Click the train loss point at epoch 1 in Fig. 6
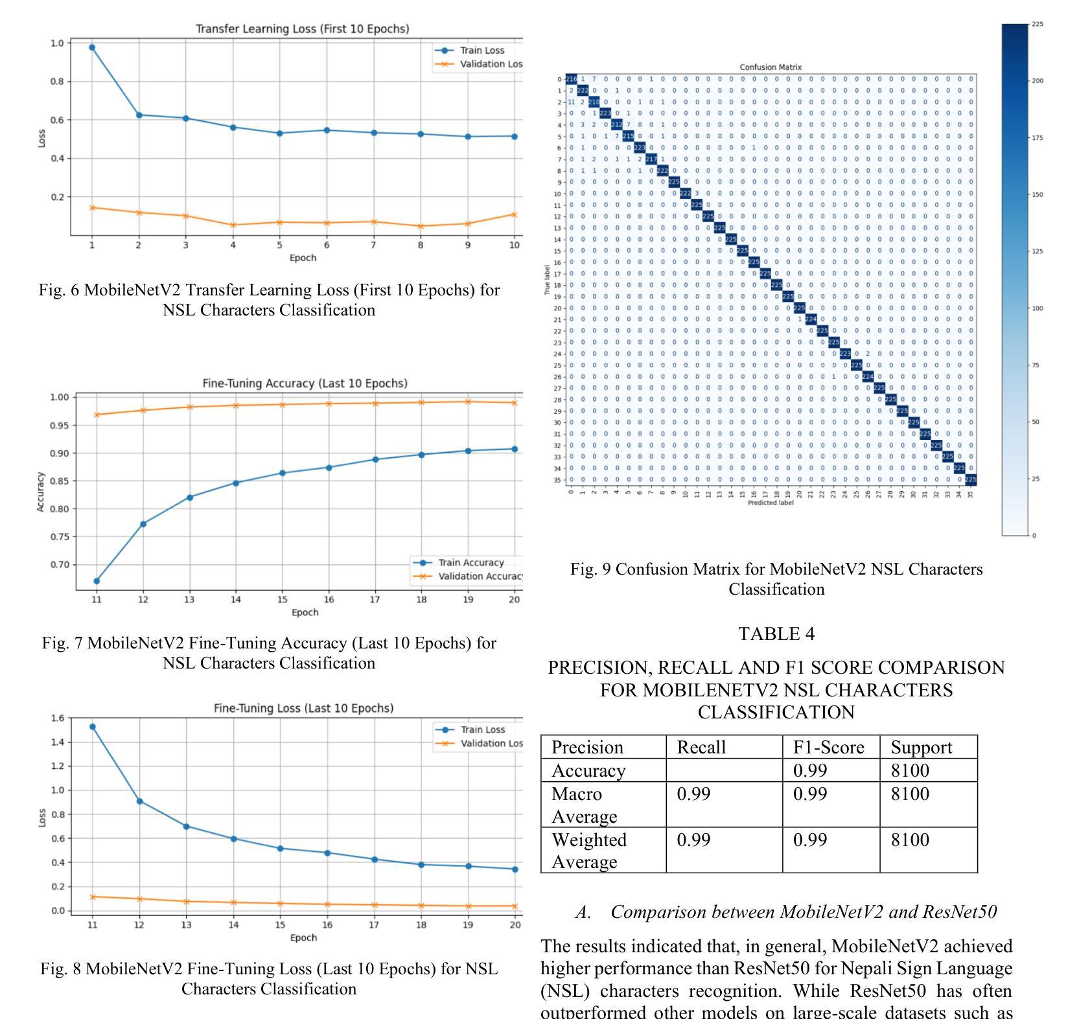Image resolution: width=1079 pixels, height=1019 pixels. [92, 47]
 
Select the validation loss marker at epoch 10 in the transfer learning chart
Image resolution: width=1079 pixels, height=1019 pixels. [514, 214]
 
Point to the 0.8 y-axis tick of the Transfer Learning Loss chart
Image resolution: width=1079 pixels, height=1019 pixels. [56, 82]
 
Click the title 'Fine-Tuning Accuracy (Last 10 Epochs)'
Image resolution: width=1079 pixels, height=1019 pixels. [305, 384]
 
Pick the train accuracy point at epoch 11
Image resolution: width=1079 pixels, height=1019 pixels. [97, 581]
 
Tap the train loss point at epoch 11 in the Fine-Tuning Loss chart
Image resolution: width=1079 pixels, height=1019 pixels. [93, 727]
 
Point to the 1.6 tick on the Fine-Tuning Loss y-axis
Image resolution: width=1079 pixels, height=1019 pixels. [57, 718]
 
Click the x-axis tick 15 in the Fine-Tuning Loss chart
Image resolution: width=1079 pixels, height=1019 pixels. [280, 924]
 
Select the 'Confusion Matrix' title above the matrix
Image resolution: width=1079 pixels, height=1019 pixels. [771, 67]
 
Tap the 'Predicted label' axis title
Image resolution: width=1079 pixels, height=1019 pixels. [771, 503]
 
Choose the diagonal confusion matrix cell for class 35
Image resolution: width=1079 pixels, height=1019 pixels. [970, 480]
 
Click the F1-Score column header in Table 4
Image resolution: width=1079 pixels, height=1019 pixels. [828, 748]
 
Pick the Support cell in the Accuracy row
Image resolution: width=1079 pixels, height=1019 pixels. [910, 770]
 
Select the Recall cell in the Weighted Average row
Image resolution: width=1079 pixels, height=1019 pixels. [693, 840]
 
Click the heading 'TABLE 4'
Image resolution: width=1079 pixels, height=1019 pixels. [776, 634]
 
